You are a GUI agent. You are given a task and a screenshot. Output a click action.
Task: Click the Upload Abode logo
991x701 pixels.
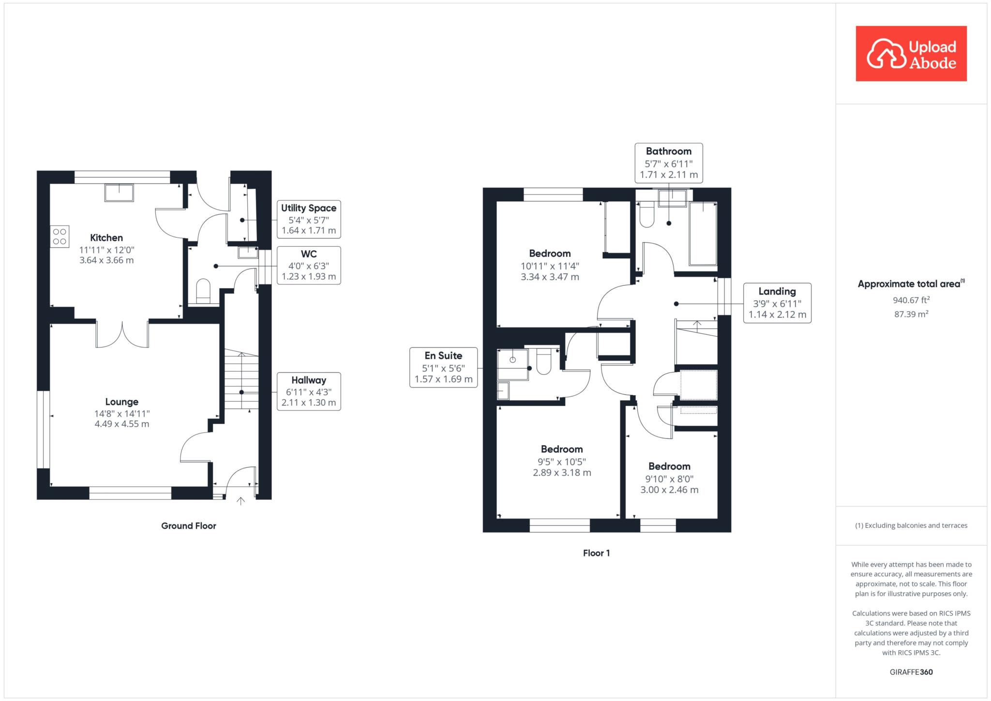coord(911,54)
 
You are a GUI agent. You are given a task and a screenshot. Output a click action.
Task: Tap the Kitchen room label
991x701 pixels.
coord(106,238)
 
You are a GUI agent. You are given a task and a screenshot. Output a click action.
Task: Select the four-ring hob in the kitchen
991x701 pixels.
coord(60,237)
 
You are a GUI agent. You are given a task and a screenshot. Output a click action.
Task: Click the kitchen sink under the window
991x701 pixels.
coord(119,193)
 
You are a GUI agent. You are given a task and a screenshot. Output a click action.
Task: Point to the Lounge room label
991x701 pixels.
coord(122,402)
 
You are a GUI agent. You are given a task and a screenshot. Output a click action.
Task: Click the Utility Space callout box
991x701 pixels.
coord(309,219)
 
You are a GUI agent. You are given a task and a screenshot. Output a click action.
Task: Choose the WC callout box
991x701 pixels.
coord(309,265)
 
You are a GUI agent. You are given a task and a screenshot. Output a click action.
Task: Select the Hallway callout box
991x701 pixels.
coord(309,391)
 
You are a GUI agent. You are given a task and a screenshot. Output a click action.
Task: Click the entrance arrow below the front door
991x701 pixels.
coord(240,501)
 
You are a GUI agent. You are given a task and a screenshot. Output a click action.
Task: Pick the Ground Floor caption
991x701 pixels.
coord(189,526)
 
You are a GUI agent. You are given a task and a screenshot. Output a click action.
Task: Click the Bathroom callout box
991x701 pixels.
coord(669,163)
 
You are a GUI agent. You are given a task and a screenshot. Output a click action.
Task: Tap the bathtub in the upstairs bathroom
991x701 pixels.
coord(703,234)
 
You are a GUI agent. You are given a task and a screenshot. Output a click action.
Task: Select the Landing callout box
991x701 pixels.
coord(777,303)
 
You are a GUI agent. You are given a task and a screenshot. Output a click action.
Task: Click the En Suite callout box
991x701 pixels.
coord(444,368)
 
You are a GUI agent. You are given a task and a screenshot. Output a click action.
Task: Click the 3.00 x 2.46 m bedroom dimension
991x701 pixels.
coord(670,490)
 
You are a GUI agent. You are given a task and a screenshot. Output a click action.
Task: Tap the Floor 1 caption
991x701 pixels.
coord(597,553)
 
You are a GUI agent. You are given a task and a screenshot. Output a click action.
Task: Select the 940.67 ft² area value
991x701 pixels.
coord(911,300)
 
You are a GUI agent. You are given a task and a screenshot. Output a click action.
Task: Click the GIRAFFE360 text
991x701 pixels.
coord(911,672)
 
